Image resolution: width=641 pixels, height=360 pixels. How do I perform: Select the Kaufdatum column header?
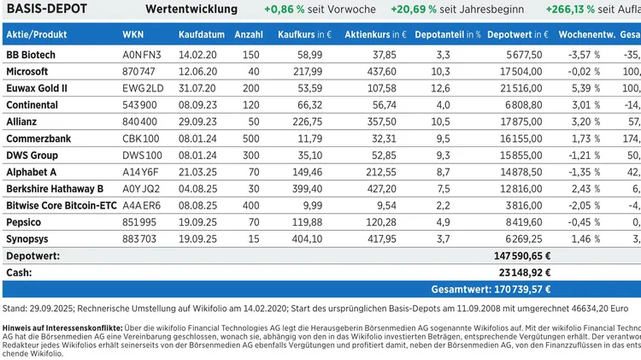(202, 35)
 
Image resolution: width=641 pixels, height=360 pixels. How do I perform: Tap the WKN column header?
(133, 35)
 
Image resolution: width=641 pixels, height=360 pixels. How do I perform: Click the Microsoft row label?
(26, 71)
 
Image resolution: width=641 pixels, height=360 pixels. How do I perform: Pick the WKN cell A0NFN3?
(140, 54)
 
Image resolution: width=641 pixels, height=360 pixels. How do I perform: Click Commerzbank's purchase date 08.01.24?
(202, 139)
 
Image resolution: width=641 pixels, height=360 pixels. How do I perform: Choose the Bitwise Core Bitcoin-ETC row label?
(60, 206)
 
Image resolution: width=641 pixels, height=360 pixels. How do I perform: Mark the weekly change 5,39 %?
(584, 88)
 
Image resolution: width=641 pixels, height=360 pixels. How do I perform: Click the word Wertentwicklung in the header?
(191, 9)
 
